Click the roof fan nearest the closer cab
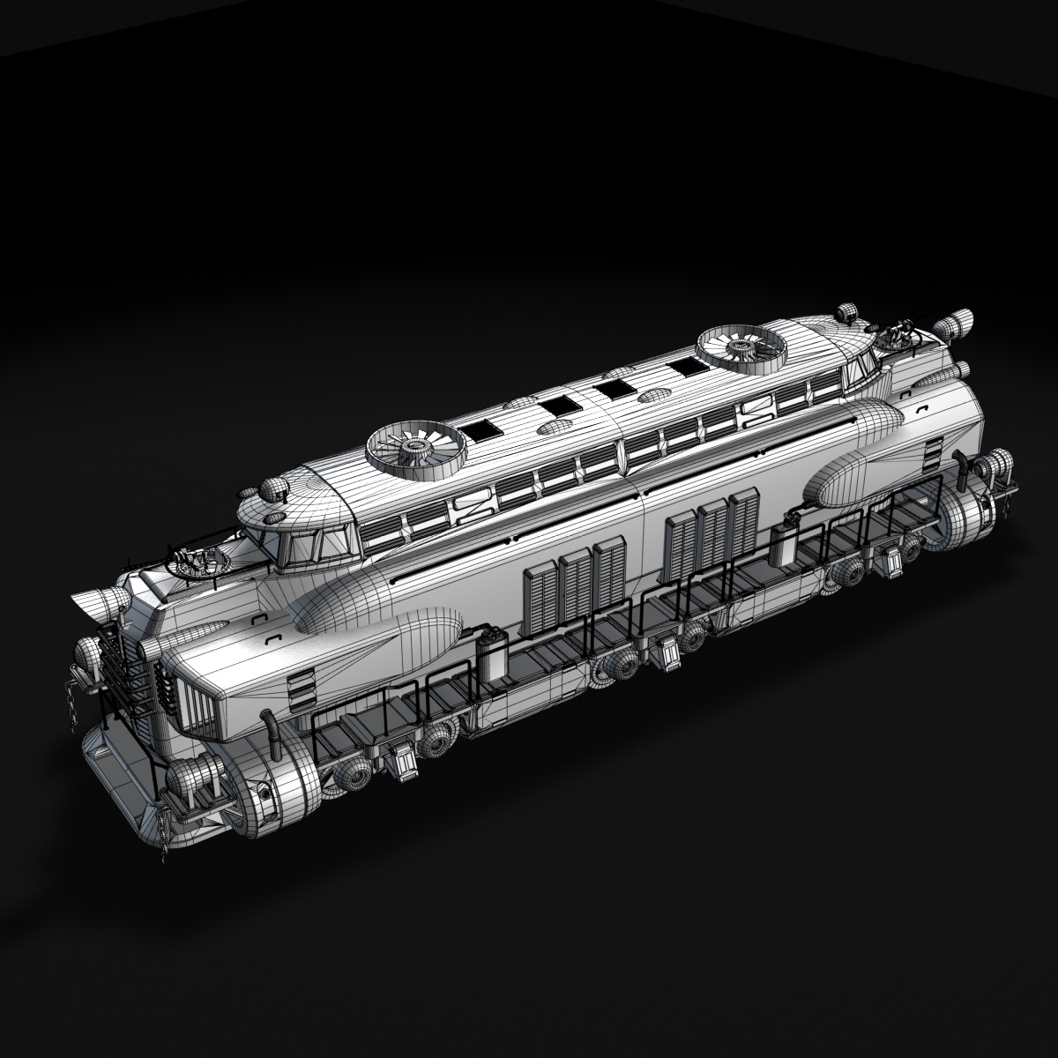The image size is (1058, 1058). (411, 448)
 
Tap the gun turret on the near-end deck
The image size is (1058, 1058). (195, 561)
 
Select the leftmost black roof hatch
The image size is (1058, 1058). (481, 430)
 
